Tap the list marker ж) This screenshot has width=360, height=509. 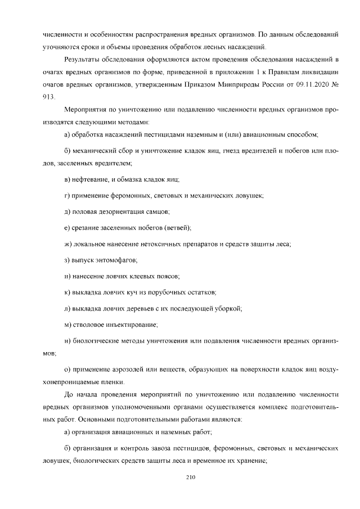pos(68,244)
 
